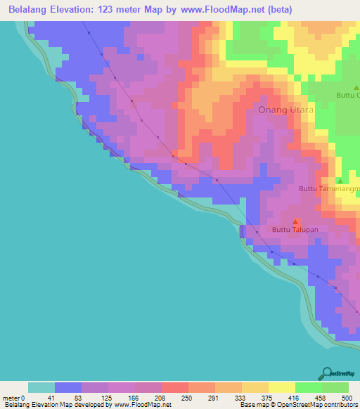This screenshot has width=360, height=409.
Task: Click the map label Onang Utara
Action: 286,110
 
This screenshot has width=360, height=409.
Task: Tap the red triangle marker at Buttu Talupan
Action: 295,222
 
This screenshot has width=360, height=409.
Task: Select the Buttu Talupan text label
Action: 295,231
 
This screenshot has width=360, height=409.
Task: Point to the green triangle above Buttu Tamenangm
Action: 340,181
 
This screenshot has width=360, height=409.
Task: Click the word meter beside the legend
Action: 12,398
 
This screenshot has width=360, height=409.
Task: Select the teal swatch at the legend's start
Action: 41,387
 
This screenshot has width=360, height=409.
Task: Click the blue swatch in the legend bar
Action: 68,387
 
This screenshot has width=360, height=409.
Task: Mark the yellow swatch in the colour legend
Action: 282,387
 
